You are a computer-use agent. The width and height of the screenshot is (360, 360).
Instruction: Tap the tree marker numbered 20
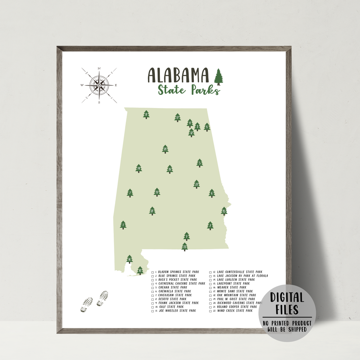click(165, 149)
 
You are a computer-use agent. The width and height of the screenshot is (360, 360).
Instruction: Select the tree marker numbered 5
click(199, 163)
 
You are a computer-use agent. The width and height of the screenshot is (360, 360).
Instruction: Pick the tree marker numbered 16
click(129, 259)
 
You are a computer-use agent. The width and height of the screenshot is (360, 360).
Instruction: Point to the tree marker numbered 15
click(224, 211)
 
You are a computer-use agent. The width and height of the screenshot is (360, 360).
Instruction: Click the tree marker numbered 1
click(123, 225)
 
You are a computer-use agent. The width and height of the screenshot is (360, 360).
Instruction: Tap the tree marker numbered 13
click(185, 247)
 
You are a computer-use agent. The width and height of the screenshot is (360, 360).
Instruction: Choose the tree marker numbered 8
click(207, 127)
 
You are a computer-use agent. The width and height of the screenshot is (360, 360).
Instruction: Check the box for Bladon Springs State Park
click(153, 272)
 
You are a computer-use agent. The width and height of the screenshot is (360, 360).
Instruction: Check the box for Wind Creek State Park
click(211, 311)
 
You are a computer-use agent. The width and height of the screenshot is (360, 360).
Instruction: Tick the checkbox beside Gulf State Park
click(153, 307)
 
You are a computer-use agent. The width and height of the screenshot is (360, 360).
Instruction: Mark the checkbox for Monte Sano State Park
click(211, 292)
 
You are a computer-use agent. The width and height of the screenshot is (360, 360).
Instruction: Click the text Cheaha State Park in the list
click(173, 287)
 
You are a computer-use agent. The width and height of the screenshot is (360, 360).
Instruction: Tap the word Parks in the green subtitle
click(205, 90)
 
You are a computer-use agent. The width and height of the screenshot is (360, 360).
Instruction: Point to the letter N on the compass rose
click(99, 69)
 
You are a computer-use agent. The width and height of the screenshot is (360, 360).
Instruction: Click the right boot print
click(102, 298)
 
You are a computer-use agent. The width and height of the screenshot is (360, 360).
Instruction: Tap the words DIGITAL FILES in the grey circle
click(287, 303)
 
